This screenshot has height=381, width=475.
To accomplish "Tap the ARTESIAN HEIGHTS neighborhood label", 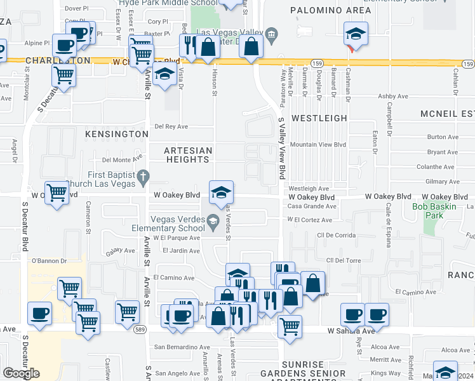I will (187, 155).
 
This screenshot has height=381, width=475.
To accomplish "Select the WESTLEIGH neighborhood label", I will (319, 118).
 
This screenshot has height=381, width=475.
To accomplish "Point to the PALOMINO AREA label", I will (330, 10).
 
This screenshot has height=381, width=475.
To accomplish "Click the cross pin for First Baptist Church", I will (144, 175).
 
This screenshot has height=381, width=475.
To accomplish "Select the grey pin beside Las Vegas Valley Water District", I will (271, 34).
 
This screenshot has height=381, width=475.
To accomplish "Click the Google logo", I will (22, 373).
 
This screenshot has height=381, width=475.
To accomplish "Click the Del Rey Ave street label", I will (171, 126).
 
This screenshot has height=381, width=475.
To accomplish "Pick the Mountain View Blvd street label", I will (318, 145).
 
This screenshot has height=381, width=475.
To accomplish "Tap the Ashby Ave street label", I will (392, 97).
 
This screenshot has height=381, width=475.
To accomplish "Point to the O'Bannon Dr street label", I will (45, 260).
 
